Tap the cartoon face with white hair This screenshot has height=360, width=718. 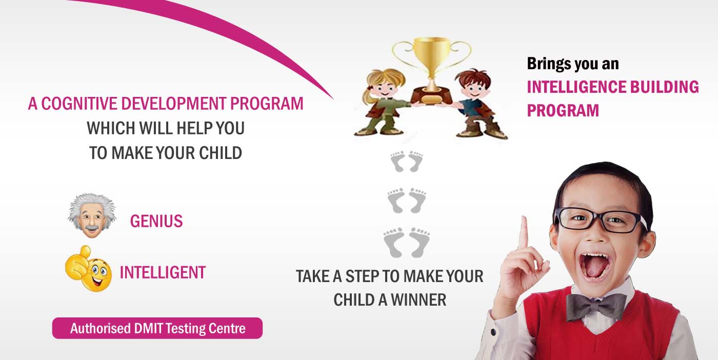[92, 215]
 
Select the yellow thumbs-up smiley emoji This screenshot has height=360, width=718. [88, 269]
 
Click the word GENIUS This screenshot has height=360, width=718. [156, 221]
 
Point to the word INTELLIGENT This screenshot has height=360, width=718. [163, 272]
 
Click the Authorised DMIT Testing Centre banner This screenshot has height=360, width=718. [157, 328]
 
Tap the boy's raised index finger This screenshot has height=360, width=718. [524, 232]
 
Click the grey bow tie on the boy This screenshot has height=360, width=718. [596, 307]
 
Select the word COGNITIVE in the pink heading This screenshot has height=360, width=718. [79, 104]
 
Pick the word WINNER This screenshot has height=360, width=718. [418, 300]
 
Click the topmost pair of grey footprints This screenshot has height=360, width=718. [407, 162]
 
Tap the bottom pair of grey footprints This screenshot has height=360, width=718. [407, 243]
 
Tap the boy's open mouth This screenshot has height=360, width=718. [595, 266]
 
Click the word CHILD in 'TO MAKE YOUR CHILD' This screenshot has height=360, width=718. [221, 153]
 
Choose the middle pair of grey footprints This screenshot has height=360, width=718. [407, 201]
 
